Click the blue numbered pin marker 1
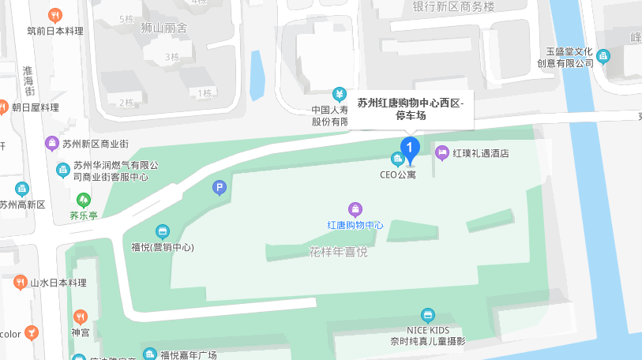[x=409, y=147]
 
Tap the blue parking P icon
[x=220, y=187]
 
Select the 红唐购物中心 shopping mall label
[x=355, y=225]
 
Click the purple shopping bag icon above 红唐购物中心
[x=355, y=209]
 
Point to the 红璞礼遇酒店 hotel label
[x=480, y=152]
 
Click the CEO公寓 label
[x=398, y=174]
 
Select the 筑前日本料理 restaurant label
[x=55, y=31]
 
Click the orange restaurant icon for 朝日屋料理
[x=4, y=107]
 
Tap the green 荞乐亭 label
[x=84, y=215]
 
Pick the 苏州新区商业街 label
[x=100, y=143]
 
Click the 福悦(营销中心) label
[x=162, y=247]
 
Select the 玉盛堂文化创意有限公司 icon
[x=603, y=56]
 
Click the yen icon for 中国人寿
[x=339, y=93]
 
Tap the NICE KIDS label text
[x=428, y=330]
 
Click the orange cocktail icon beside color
[x=31, y=332]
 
